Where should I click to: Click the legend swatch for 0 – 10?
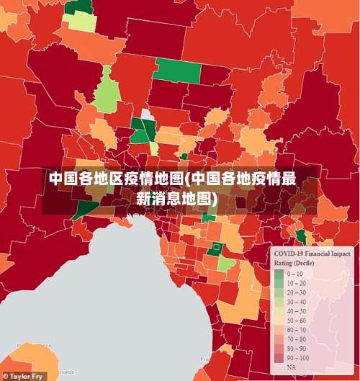(279, 274)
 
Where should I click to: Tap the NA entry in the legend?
(292, 367)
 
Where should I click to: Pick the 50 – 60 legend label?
(297, 321)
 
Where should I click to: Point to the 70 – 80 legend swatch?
(279, 339)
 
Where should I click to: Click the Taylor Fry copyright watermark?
(22, 376)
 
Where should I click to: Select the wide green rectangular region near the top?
(177, 70)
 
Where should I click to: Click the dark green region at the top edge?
(78, 6)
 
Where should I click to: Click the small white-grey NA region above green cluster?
(147, 114)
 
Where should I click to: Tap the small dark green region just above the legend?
(300, 237)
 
